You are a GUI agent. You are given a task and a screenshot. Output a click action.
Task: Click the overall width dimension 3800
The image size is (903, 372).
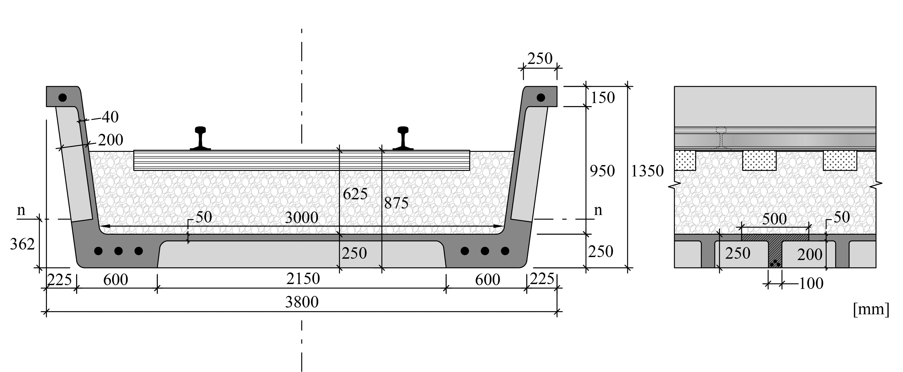pos(301,302)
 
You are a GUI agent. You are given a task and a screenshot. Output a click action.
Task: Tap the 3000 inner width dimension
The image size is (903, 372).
pos(301,217)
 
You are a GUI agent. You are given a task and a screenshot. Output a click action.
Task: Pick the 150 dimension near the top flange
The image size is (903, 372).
pos(603,97)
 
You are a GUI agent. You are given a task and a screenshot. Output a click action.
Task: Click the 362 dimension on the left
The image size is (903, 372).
pos(22,244)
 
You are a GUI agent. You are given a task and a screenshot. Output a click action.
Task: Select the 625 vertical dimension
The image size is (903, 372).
pos(355,194)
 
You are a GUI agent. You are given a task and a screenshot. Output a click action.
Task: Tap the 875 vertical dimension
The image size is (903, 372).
pos(396,203)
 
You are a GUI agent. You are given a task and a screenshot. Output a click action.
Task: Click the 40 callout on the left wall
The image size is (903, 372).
pos(110,117)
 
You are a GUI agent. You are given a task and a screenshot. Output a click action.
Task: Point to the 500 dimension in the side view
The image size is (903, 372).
pos(774,219)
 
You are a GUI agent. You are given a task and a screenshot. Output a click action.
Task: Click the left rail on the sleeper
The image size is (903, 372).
pos(201,138)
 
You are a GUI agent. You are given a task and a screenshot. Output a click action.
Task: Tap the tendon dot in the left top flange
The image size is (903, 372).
pos(62,97)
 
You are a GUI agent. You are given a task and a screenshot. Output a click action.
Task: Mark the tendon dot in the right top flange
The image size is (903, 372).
pos(541,97)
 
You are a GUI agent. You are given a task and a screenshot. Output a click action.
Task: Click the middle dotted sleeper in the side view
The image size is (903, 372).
pos(759,161)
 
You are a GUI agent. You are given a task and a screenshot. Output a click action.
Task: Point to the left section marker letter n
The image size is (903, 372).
pos(21,210)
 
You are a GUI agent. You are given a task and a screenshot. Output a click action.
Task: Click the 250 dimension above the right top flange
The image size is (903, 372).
pos(539,59)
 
